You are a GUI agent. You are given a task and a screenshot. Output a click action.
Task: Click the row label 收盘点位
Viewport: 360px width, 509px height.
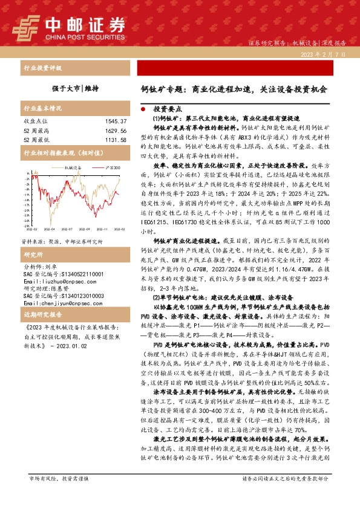pos(35,122)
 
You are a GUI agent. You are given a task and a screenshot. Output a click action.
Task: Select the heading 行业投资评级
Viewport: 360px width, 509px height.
pos(42,68)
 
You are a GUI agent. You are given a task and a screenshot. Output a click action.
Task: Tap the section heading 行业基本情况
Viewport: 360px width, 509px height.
pos(42,109)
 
